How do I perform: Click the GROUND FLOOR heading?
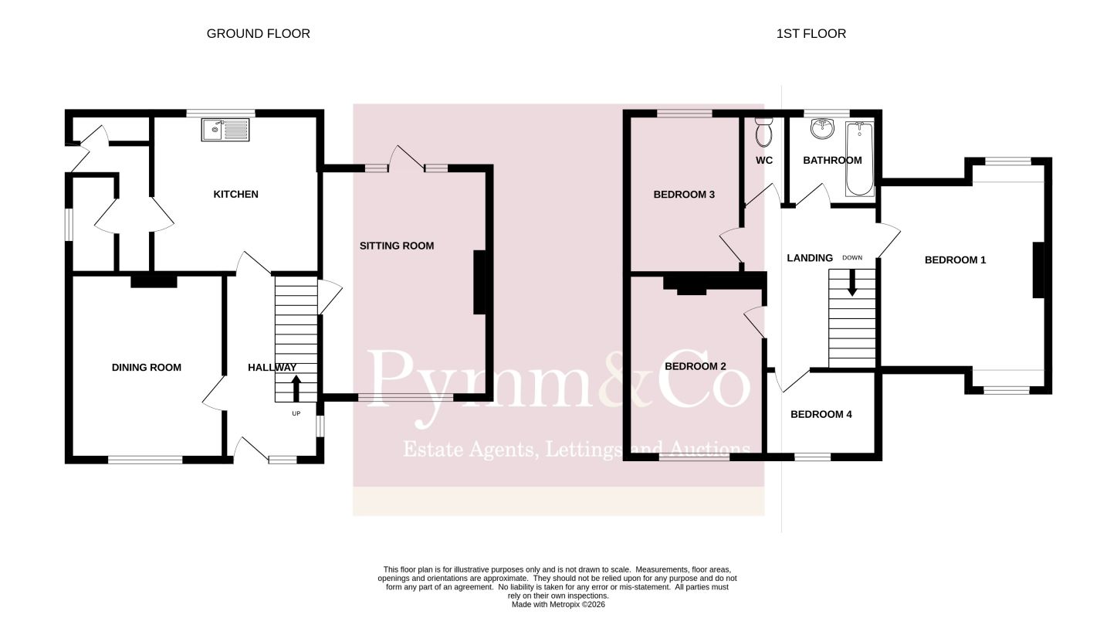click(x=259, y=33)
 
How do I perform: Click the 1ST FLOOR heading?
click(x=811, y=33)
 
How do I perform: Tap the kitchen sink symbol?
click(x=225, y=130)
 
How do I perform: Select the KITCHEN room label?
click(x=236, y=194)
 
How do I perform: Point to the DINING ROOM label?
click(x=146, y=368)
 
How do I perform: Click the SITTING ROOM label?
click(x=397, y=246)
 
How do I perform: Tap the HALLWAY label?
click(x=272, y=368)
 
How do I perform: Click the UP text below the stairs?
click(x=296, y=413)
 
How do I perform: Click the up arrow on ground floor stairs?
click(x=296, y=389)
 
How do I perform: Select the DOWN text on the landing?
click(x=852, y=257)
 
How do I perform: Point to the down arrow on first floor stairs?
click(x=852, y=283)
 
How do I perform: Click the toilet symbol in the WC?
click(x=763, y=132)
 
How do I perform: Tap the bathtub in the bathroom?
click(x=860, y=158)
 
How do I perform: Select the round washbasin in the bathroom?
click(x=822, y=128)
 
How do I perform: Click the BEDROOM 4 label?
click(x=821, y=414)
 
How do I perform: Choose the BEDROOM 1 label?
click(x=955, y=260)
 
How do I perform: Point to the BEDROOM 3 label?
click(x=684, y=194)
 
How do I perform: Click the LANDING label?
click(x=810, y=257)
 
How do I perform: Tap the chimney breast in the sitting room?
click(x=479, y=283)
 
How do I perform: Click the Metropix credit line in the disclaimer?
click(x=558, y=605)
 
